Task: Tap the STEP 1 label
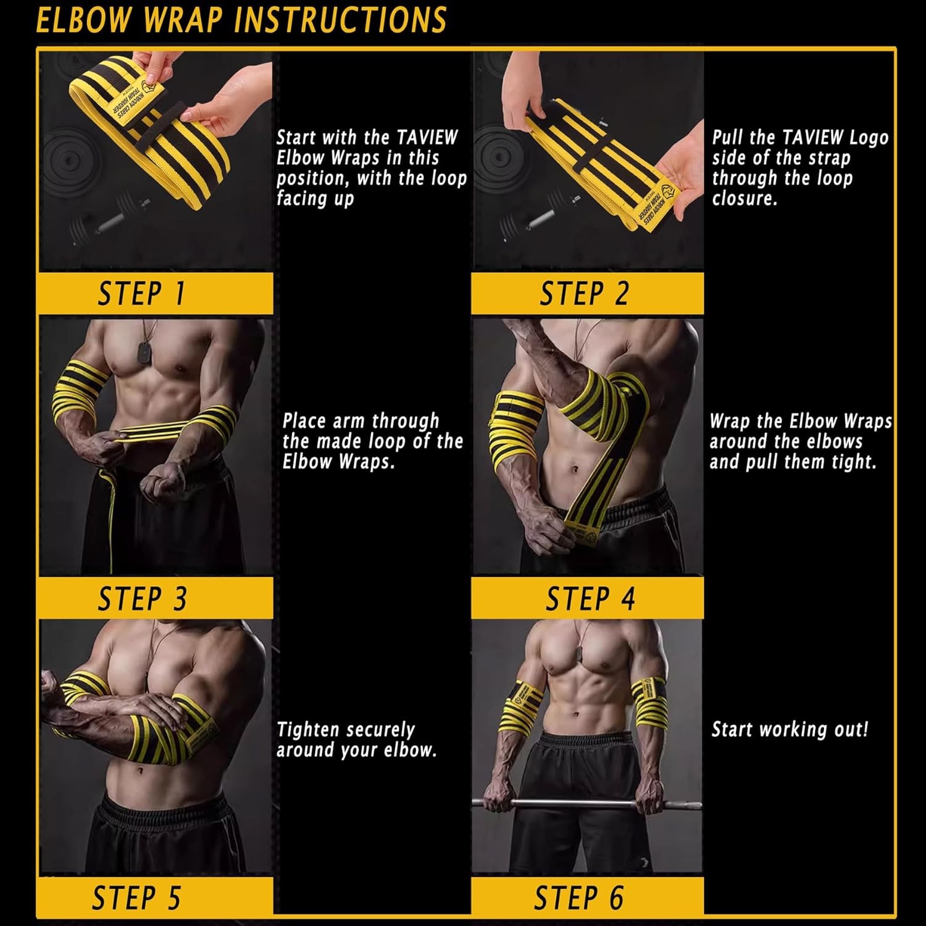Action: pos(141,294)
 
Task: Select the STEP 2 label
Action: pos(584,294)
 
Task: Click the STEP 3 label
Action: pos(142,599)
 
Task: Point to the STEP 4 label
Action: pos(590,599)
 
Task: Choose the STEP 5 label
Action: pos(136,898)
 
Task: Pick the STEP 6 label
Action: pos(578,898)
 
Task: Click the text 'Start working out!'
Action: pos(790,730)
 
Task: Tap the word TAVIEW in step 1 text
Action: pos(427,137)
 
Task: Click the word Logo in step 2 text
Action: pos(869,137)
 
